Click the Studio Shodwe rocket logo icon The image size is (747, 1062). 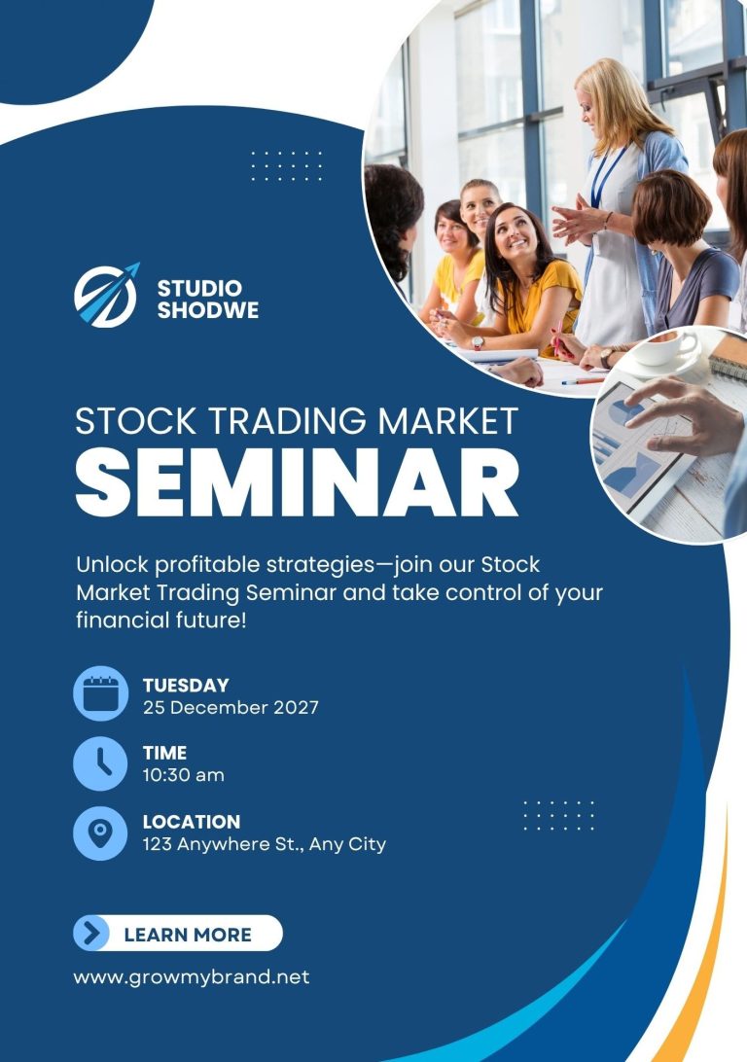(x=106, y=296)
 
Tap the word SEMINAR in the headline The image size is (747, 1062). (x=297, y=482)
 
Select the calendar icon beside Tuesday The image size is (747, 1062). (x=100, y=693)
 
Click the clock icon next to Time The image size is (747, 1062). (x=100, y=763)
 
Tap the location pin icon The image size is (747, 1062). (x=100, y=833)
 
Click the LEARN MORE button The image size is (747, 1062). (x=177, y=934)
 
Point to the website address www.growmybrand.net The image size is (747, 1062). (x=192, y=977)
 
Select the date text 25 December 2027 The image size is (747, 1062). (x=231, y=708)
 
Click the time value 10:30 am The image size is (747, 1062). (x=184, y=775)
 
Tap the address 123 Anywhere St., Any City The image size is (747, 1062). (x=265, y=844)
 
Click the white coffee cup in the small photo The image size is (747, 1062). (x=664, y=348)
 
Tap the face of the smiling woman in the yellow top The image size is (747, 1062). (x=514, y=234)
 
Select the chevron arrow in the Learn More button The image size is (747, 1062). (x=90, y=934)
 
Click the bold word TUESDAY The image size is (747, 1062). (x=186, y=686)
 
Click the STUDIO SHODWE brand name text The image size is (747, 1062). (x=208, y=299)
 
